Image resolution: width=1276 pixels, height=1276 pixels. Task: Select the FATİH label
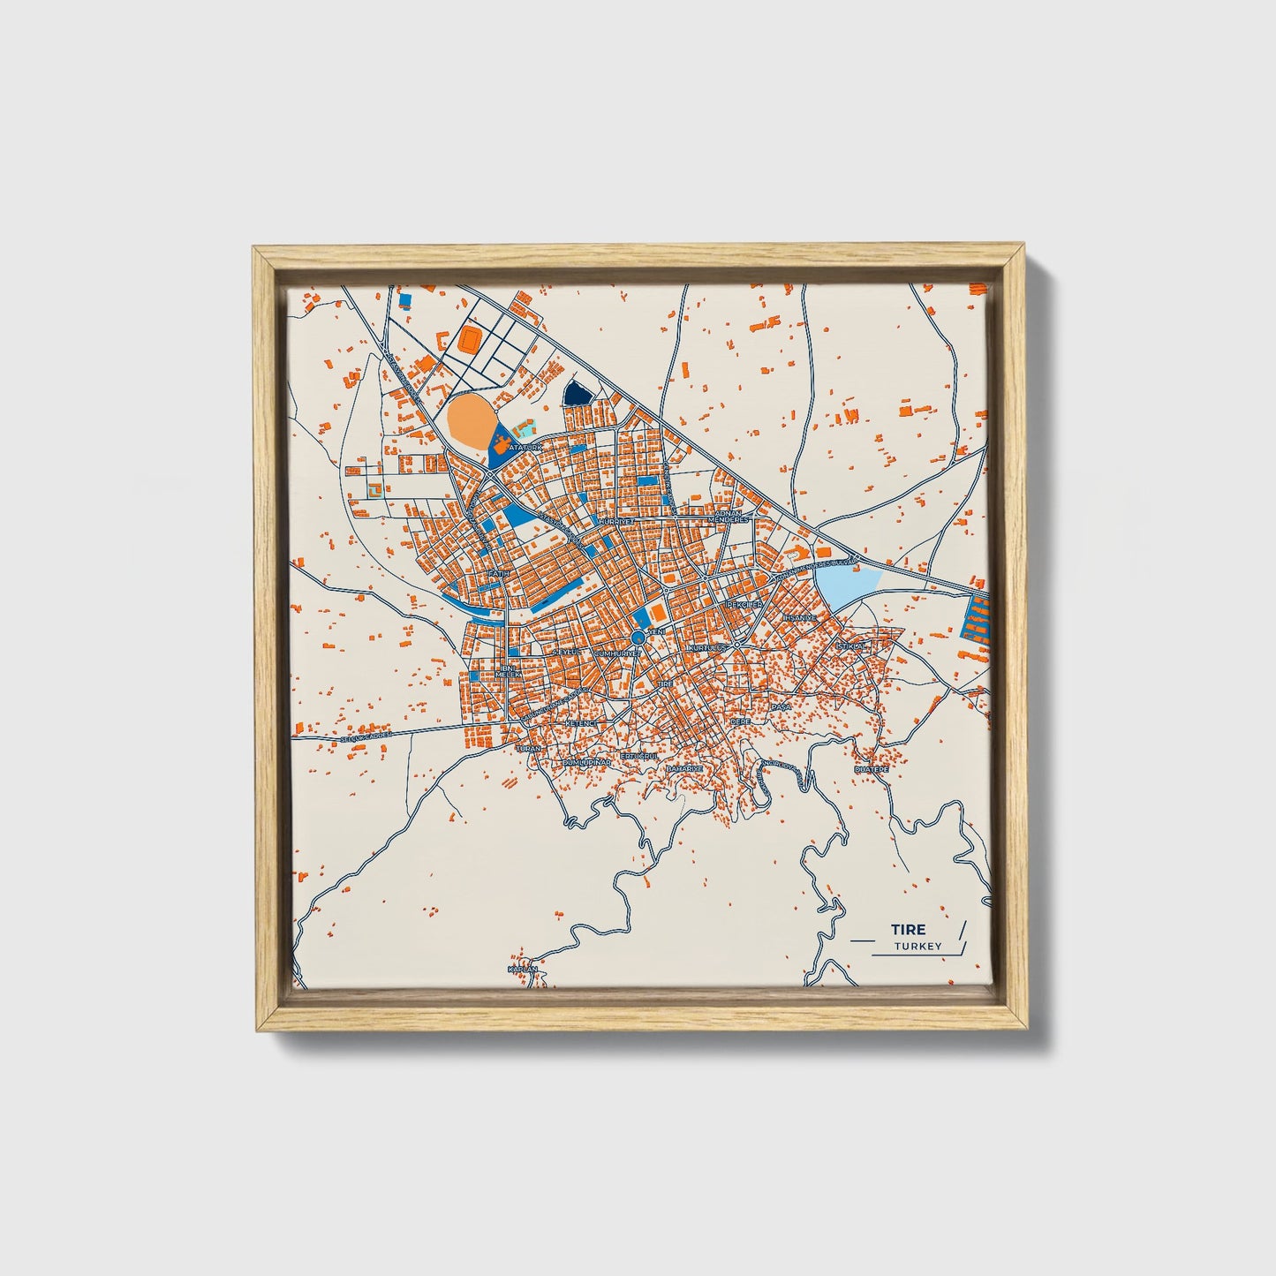[x=500, y=573]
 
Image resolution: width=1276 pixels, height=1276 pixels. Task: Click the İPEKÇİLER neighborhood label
[x=744, y=605]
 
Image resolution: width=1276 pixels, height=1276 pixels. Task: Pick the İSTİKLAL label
[x=853, y=646]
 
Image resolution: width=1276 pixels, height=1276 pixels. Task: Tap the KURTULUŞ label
[x=706, y=648]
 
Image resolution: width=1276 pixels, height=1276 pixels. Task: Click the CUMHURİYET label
[x=617, y=653]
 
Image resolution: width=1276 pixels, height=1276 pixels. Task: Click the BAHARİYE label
[x=684, y=769]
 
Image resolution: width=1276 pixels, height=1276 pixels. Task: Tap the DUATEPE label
[x=871, y=770]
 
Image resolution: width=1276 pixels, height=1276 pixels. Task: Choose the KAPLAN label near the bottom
[x=523, y=969]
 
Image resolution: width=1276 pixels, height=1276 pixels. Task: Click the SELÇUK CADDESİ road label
[x=366, y=735]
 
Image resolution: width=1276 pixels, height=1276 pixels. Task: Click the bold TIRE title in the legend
[x=908, y=929]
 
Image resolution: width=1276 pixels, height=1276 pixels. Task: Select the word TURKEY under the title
[x=917, y=947]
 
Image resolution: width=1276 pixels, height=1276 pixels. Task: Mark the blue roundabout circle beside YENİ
[x=638, y=637]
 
